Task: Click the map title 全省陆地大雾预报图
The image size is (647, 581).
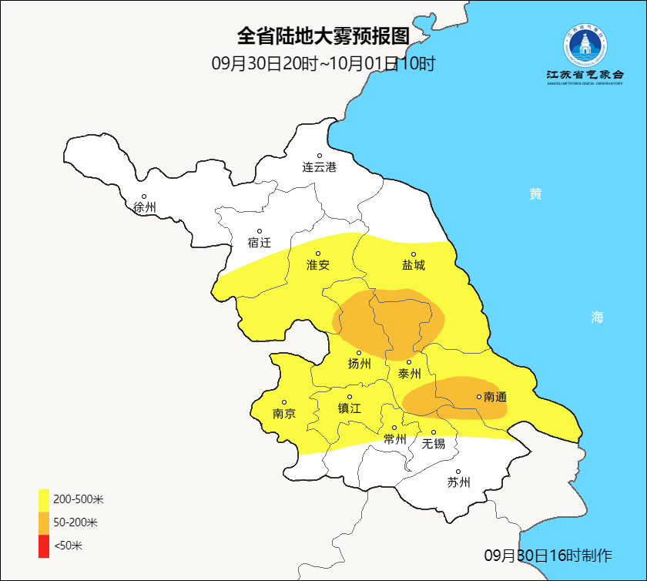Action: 323,36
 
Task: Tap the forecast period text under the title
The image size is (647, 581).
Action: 323,63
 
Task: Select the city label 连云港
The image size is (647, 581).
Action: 319,167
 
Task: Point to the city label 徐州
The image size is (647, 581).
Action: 144,207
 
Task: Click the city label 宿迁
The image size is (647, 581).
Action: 260,243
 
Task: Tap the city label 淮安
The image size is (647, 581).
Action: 318,265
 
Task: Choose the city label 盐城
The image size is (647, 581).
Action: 413,265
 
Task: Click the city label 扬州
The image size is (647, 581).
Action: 359,364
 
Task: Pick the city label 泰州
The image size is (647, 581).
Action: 409,374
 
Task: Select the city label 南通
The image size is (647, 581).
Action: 494,398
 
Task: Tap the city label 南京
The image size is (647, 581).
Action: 284,414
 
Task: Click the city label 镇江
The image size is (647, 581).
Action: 349,408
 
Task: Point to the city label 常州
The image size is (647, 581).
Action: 395,439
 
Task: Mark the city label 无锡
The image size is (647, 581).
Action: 433,443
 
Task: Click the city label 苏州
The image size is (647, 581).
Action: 458,483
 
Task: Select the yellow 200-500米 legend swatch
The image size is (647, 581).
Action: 44,499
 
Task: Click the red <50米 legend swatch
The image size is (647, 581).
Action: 44,546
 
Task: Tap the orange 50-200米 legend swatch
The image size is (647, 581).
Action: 44,522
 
